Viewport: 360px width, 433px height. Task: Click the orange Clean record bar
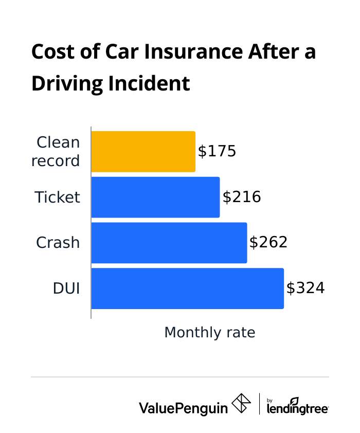pos(143,152)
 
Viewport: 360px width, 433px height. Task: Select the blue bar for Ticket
pos(155,197)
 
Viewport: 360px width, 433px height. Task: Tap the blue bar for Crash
pos(169,243)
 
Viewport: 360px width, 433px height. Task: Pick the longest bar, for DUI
pos(187,288)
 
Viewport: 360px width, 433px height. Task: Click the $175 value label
pos(217,152)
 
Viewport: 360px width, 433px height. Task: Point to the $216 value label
pos(242,197)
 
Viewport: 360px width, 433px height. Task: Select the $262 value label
pos(268,243)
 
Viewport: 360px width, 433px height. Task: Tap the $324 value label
pos(305,288)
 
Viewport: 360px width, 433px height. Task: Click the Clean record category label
pos(56,152)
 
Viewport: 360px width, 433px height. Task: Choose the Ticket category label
pos(58,197)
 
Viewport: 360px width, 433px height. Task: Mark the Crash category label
pos(58,243)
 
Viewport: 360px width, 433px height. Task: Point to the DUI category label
pos(66,288)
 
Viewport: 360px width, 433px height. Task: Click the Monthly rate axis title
pos(210,333)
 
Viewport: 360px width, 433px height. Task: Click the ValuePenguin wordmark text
pos(183,408)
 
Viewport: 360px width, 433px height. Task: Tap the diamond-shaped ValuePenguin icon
pos(241,404)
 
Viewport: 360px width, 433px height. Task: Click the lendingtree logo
pos(298,406)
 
